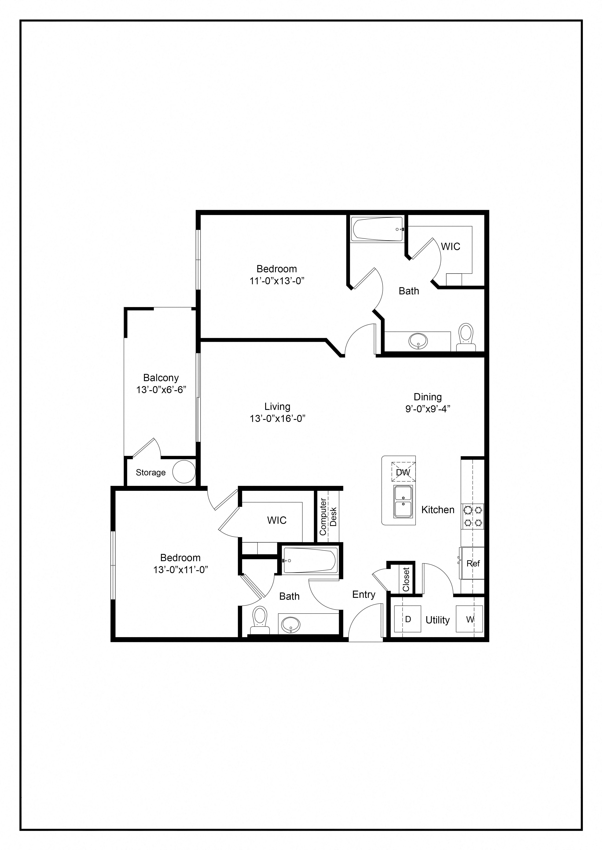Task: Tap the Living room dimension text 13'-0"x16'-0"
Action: [x=277, y=419]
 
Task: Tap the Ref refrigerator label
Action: [x=473, y=564]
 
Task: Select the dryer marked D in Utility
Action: [x=407, y=619]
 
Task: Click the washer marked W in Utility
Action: [x=469, y=619]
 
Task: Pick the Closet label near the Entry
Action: [x=406, y=579]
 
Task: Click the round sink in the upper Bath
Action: [x=418, y=341]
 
